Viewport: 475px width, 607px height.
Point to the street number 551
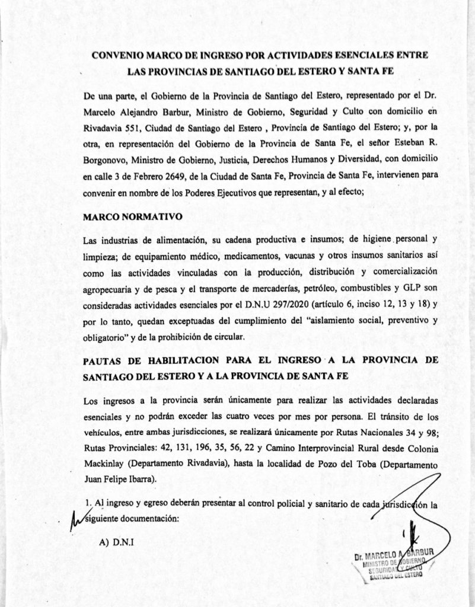[x=145, y=126]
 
